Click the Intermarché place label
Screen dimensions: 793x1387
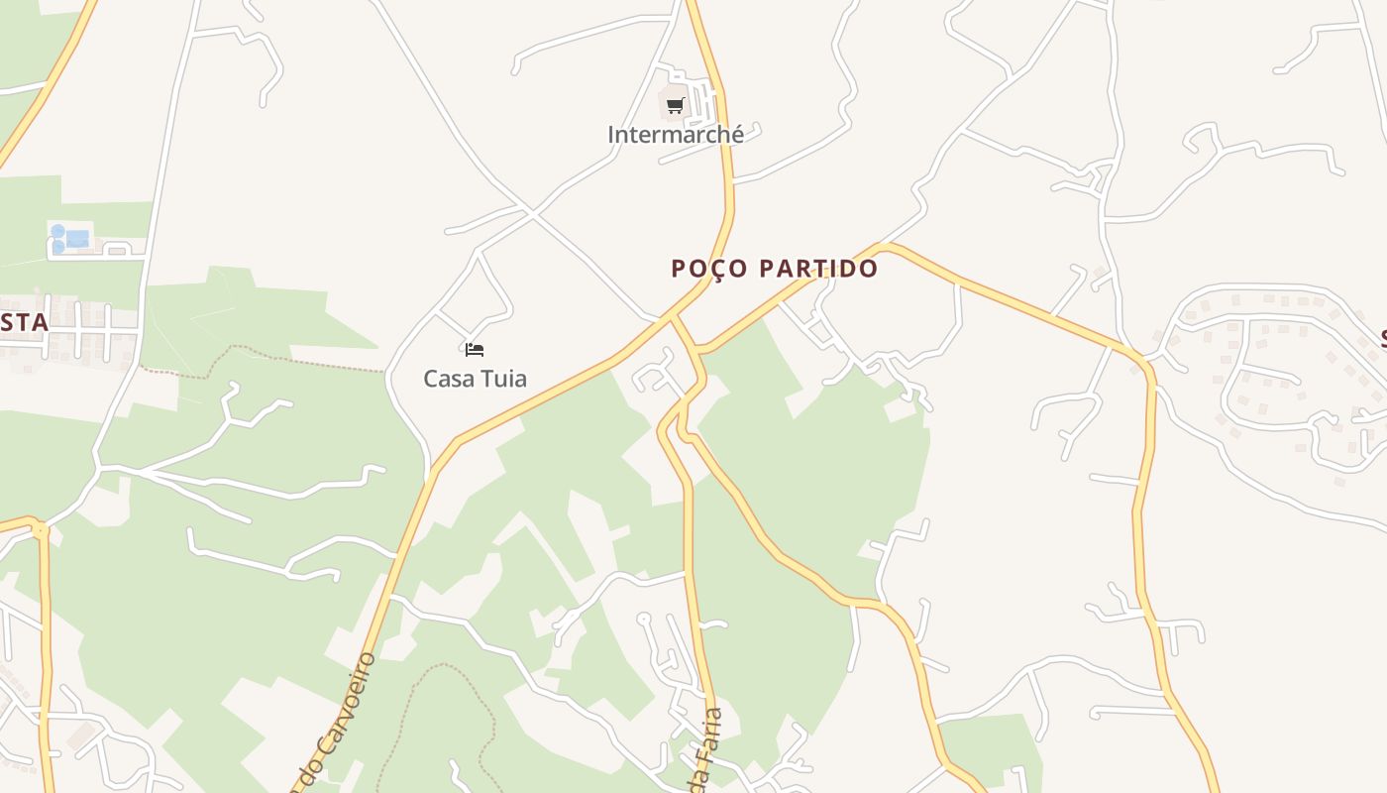pyautogui.click(x=676, y=135)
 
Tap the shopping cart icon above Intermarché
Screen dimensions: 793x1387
pyautogui.click(x=675, y=104)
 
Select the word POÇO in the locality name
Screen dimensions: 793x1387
pyautogui.click(x=708, y=269)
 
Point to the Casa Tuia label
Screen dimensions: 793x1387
pyautogui.click(x=475, y=379)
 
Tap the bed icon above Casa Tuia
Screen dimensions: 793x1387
pyautogui.click(x=475, y=349)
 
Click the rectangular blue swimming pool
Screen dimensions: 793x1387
pyautogui.click(x=77, y=238)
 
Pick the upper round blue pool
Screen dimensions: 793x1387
pyautogui.click(x=57, y=231)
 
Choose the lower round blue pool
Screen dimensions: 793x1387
pyautogui.click(x=57, y=246)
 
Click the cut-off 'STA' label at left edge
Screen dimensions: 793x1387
pyautogui.click(x=24, y=323)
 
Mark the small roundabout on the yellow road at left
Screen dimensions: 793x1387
pyautogui.click(x=40, y=530)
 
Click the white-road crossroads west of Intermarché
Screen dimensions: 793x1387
pyautogui.click(x=533, y=213)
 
